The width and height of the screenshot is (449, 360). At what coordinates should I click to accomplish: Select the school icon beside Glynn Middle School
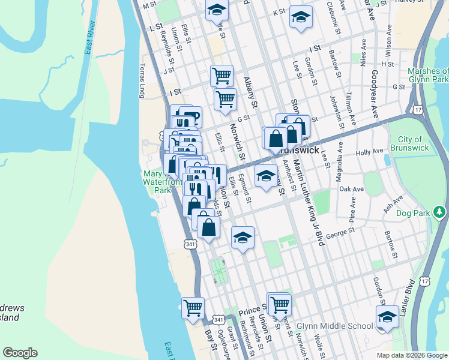point(387,317)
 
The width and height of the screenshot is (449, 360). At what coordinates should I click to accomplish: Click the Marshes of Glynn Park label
point(428,75)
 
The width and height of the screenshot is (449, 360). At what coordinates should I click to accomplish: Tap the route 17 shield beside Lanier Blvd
point(425,281)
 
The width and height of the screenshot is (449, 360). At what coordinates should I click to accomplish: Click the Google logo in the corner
point(20,353)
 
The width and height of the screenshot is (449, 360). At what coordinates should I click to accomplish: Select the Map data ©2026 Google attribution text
point(412,355)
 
